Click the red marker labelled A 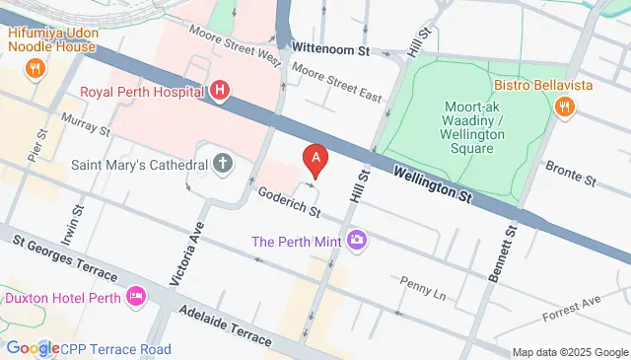tap(315, 158)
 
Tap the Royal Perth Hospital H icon tap(220, 93)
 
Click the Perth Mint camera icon tap(356, 240)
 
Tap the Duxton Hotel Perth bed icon tap(136, 296)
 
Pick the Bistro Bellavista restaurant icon tap(564, 106)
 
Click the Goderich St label tap(289, 201)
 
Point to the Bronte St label tap(571, 174)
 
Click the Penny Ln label tap(423, 289)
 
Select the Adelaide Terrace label tap(227, 324)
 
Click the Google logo tap(32, 348)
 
